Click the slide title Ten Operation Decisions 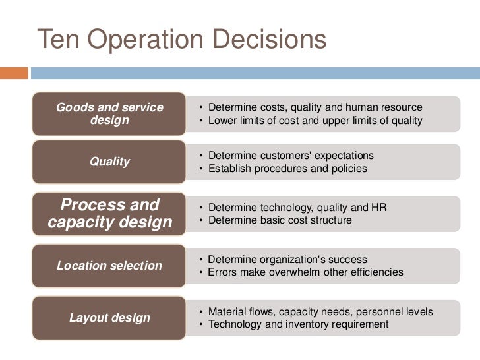(x=181, y=40)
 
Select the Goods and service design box (x=109, y=114)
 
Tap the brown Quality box (x=109, y=162)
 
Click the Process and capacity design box (x=109, y=213)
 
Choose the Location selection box (x=109, y=266)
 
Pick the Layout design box (x=109, y=318)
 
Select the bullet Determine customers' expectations (x=291, y=156)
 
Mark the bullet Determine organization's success (x=287, y=260)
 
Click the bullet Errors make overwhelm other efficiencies (x=305, y=272)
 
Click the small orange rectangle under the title (x=14, y=73)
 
